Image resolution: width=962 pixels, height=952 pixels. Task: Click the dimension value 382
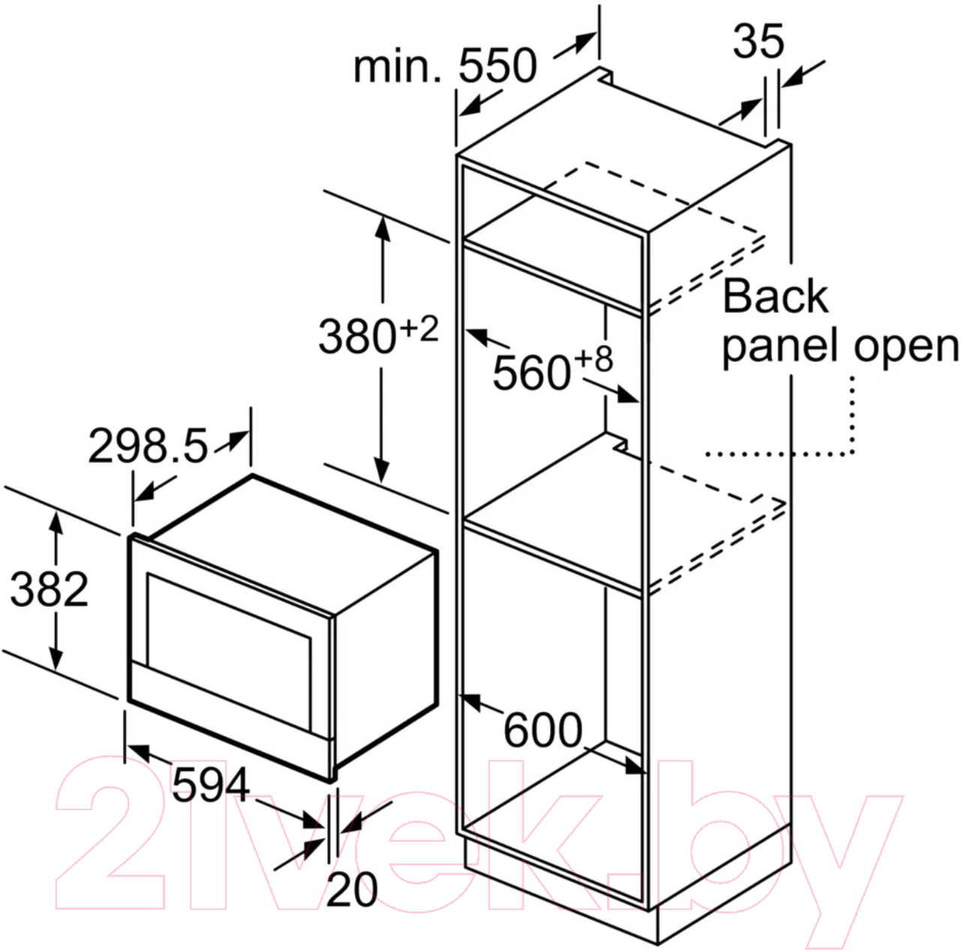coord(49,590)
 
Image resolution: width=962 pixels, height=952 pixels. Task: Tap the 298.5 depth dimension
coord(147,446)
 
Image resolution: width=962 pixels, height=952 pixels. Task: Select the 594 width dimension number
coord(210,784)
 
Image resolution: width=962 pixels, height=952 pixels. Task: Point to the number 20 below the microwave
coord(352,889)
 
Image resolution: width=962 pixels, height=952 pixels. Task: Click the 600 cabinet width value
coord(543,730)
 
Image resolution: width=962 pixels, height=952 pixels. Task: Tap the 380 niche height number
coord(357,337)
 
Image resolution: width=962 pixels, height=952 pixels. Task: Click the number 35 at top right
coord(759,41)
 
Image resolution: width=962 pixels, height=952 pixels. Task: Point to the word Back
coord(775,296)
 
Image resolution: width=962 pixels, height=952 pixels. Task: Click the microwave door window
coord(229,651)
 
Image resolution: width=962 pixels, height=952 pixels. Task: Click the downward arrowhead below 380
coord(381,471)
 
